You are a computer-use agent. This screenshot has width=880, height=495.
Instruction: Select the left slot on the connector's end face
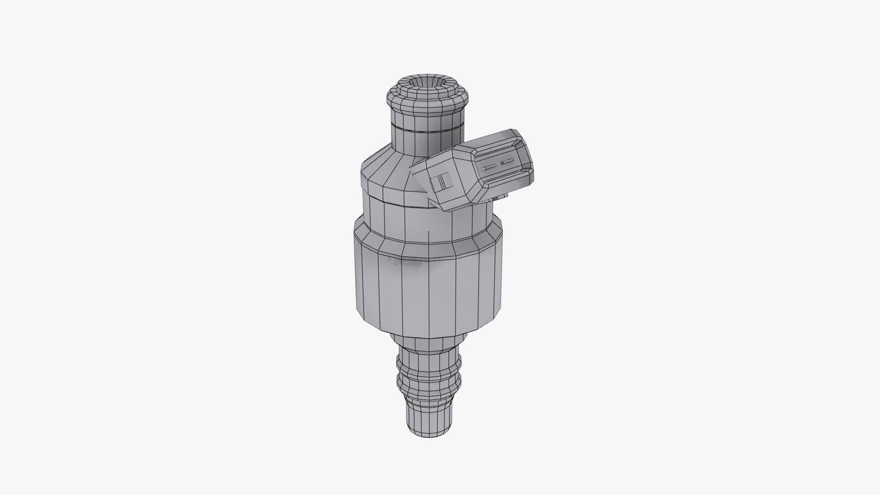point(489,167)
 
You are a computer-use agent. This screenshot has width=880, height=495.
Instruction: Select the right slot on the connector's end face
point(507,162)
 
